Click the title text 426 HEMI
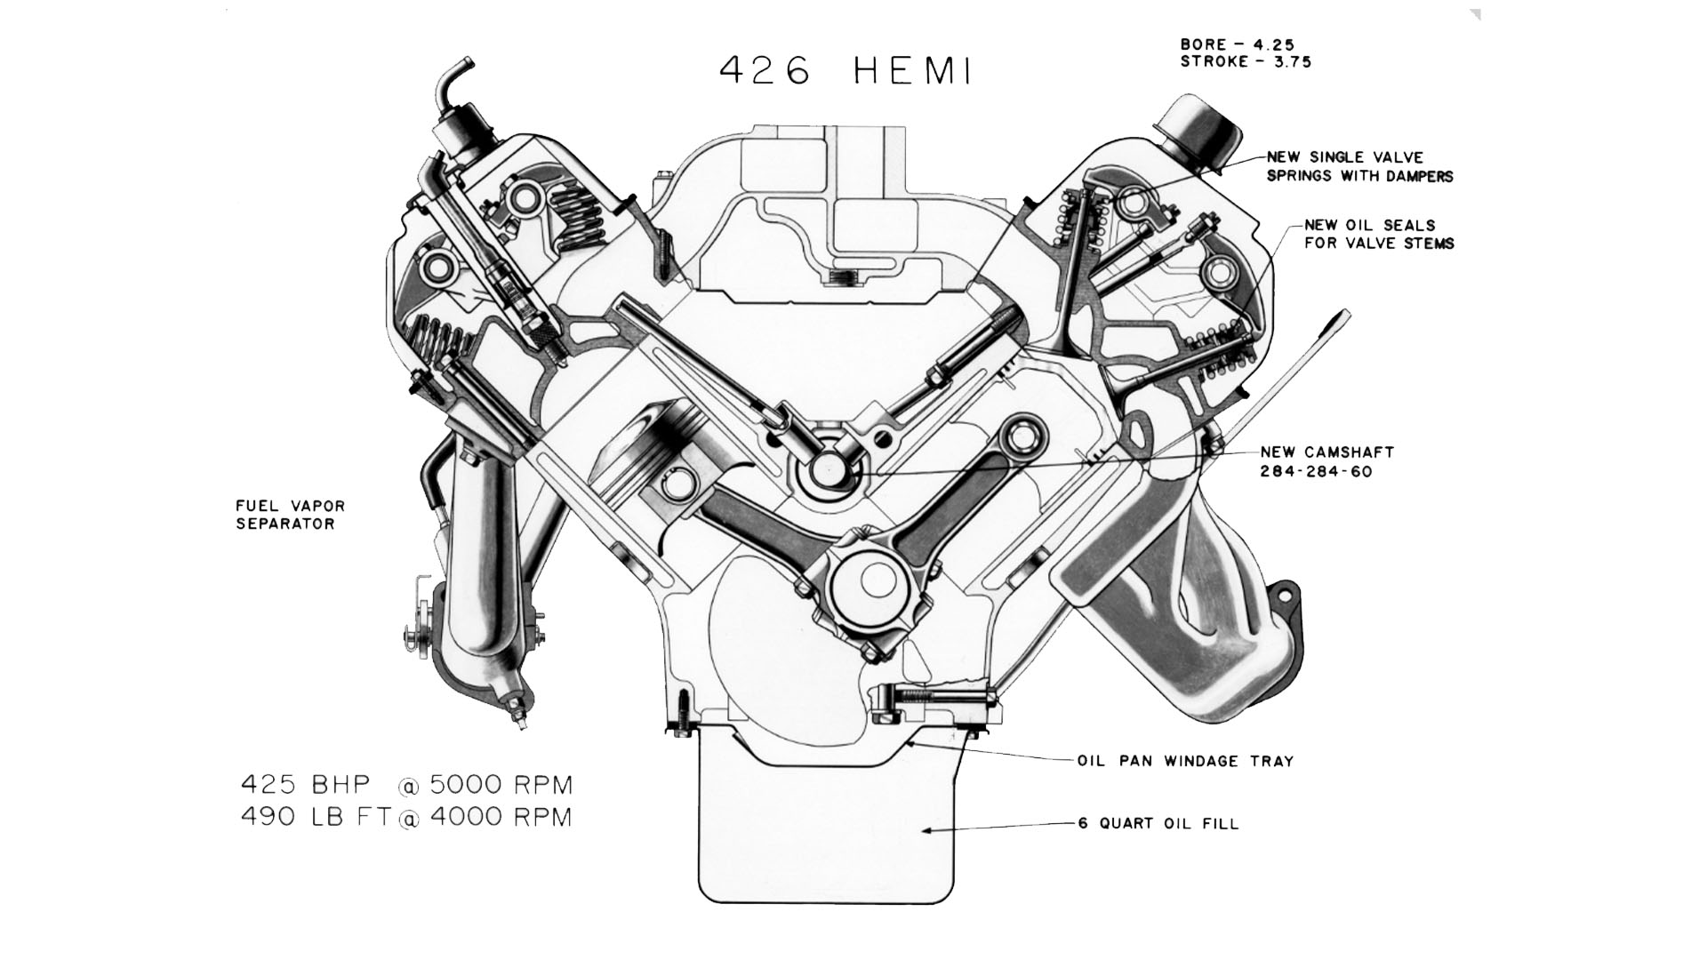tap(845, 71)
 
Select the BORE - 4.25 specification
tap(1237, 44)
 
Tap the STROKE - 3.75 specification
tap(1246, 62)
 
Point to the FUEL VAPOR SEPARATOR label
tap(290, 515)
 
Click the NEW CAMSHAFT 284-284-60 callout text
tap(1327, 461)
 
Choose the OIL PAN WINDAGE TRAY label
tap(1184, 761)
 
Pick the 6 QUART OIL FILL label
tap(1158, 823)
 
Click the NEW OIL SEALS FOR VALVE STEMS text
tap(1379, 234)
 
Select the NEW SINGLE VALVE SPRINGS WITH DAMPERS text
tap(1359, 166)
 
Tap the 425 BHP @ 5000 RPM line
tap(407, 785)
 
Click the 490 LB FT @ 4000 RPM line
tap(407, 817)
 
